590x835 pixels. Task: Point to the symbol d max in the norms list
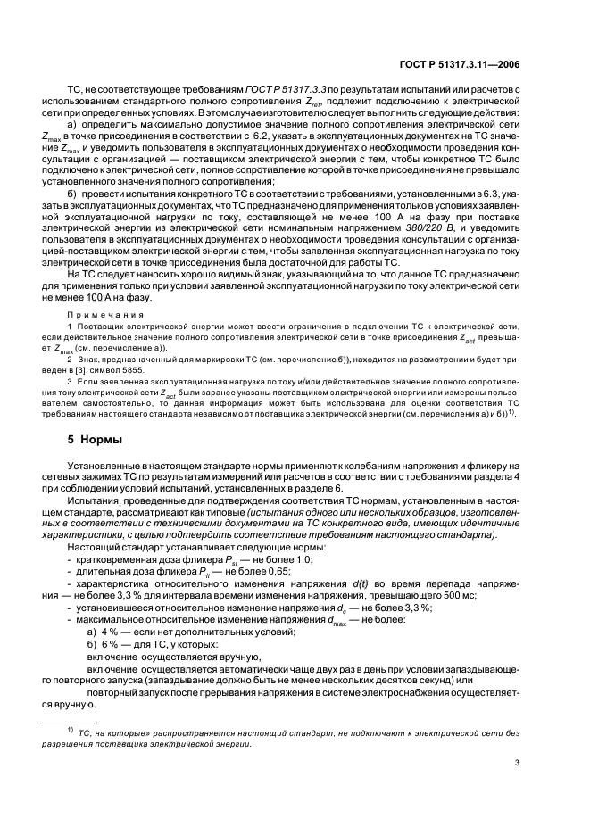coord(339,618)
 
